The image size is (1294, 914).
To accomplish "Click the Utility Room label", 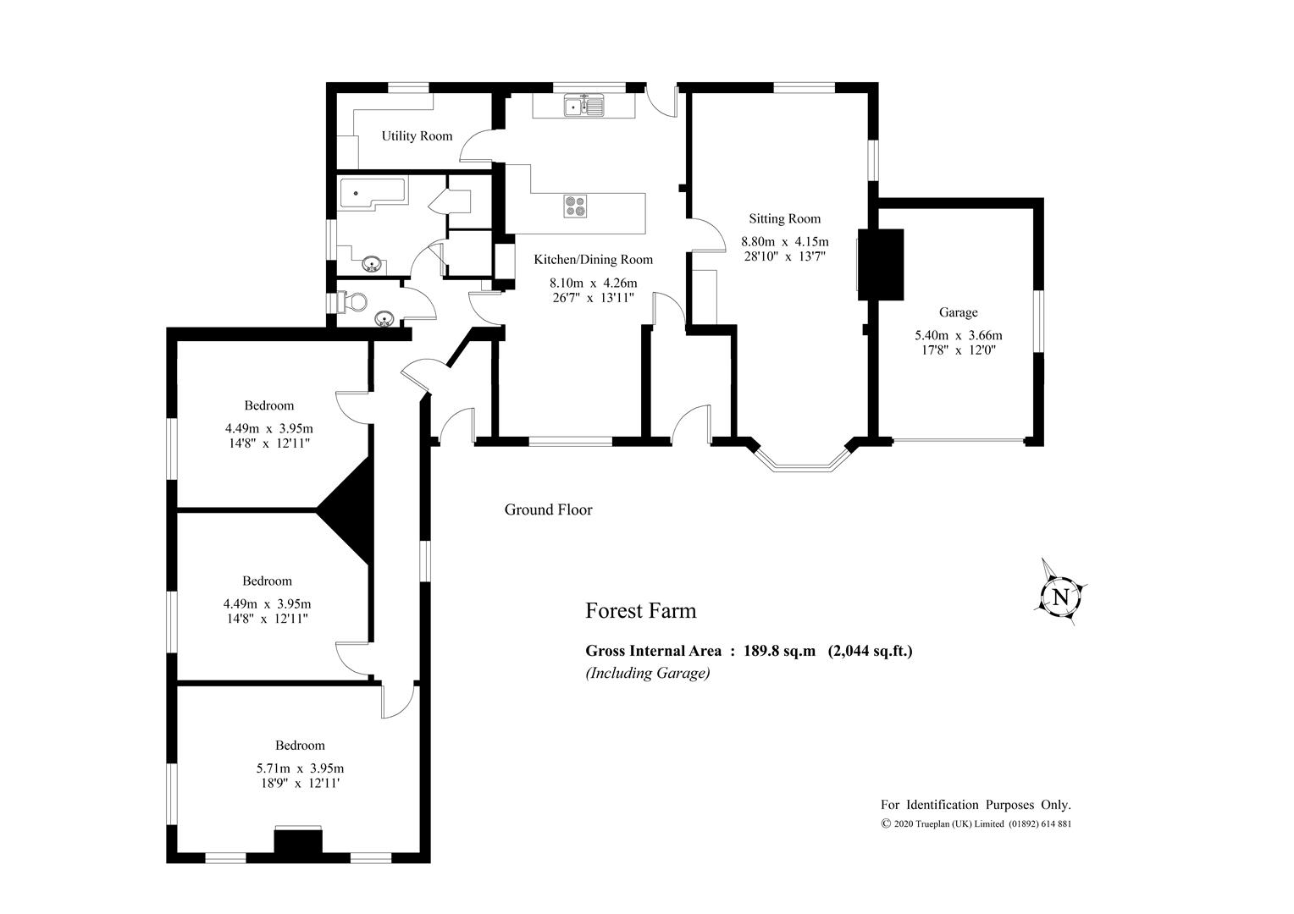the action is (417, 135).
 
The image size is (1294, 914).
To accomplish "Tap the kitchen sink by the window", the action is (584, 106).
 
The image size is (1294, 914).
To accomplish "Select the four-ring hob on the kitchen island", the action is (575, 206).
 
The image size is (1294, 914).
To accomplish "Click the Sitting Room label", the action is (784, 218).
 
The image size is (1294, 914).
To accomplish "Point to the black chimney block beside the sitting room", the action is (881, 264).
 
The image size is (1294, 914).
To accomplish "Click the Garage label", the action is (959, 312).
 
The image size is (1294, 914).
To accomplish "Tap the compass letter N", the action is (1060, 597).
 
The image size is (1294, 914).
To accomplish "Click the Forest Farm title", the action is (640, 611).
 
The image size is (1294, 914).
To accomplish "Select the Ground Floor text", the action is (548, 509).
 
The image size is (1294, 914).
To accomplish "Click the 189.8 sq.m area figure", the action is (779, 651).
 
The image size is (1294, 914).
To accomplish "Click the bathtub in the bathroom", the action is (373, 192).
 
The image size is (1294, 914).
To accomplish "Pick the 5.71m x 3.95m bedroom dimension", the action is (300, 768).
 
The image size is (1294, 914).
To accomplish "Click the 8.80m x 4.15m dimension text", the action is (784, 241).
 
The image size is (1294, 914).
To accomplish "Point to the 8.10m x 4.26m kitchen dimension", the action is (594, 283).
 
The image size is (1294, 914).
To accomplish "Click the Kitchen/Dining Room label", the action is (594, 260).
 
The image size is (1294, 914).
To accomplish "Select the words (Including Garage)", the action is (648, 673).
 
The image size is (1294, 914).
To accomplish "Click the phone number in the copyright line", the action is (1040, 824).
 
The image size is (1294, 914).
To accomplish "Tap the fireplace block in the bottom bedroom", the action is (298, 841).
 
